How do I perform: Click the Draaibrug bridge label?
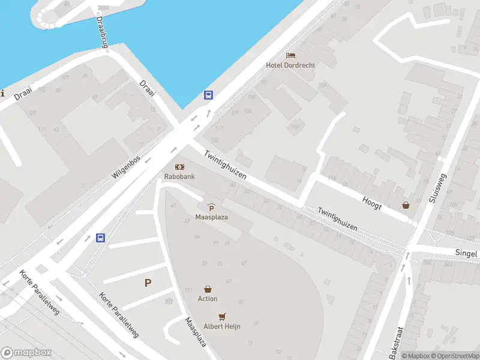pos(102,32)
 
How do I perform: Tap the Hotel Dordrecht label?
pos(291,65)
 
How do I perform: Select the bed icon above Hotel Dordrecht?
pos(290,55)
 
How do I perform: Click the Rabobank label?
pos(179,176)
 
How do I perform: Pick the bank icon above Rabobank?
pos(179,167)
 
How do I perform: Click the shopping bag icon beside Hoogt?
pos(406,205)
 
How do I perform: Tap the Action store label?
pos(208,298)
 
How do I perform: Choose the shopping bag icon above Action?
pos(208,289)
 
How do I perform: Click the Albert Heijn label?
pos(223,326)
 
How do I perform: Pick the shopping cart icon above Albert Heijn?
pos(223,316)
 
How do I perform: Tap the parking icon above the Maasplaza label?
pos(211,207)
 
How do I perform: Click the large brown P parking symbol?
pos(148,283)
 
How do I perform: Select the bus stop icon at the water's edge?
pos(208,95)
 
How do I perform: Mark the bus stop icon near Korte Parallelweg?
pos(101,238)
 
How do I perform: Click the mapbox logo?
pos(26,352)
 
